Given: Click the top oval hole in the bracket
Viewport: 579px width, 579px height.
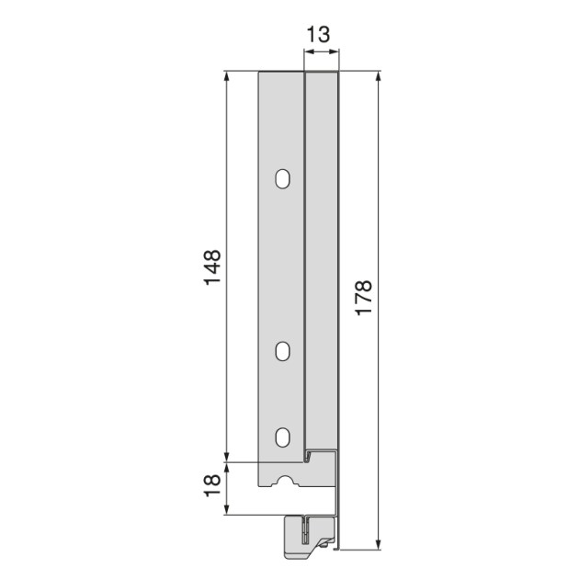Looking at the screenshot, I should click(282, 178).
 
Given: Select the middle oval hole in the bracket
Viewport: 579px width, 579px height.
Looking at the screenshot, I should click(282, 351).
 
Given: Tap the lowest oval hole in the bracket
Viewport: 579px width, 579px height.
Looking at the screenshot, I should click(282, 437).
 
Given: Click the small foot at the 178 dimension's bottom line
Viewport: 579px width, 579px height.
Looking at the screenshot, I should click(335, 548).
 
